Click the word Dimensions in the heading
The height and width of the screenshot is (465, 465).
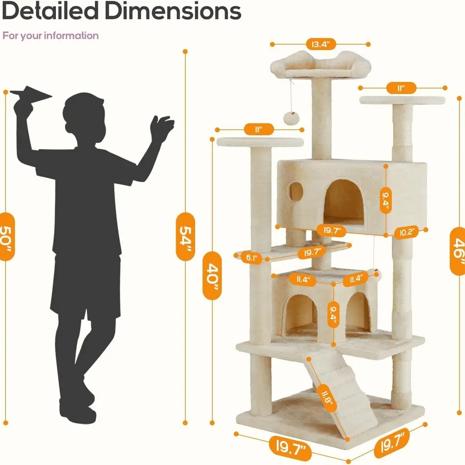(173, 11)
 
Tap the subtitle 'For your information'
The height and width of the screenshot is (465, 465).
(50, 35)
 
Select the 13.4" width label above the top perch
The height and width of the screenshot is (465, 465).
(321, 45)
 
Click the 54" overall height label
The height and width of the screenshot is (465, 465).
(185, 236)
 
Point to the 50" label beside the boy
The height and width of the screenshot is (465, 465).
(6, 236)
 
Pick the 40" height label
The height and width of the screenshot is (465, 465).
(212, 276)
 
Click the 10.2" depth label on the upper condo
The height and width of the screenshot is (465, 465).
(406, 232)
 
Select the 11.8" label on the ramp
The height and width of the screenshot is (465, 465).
(327, 398)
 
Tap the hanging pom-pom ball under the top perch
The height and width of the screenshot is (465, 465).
(292, 119)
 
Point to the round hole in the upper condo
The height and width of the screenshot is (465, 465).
(296, 192)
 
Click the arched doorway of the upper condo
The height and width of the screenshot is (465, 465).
(344, 202)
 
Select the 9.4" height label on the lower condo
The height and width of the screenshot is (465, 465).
(333, 314)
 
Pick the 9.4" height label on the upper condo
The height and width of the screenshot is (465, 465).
(386, 200)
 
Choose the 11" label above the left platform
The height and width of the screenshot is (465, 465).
(259, 129)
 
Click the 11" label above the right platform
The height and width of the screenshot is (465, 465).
(401, 88)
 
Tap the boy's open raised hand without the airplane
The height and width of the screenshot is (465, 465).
(161, 127)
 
